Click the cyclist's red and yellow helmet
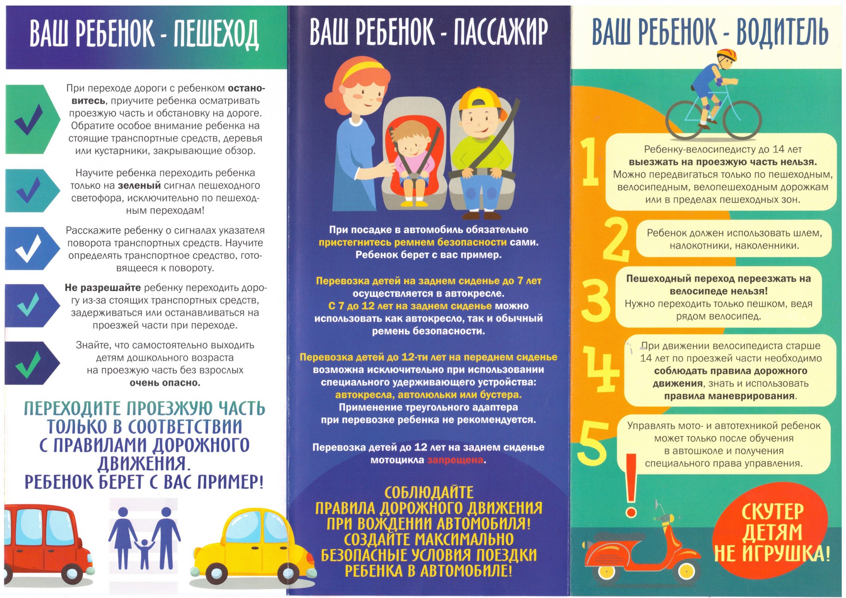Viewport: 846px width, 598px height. coord(727,56)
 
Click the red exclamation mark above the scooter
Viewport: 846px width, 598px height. coord(631,485)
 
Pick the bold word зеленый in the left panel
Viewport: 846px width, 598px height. coord(139,186)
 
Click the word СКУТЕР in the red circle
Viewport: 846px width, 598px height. coord(772,512)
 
